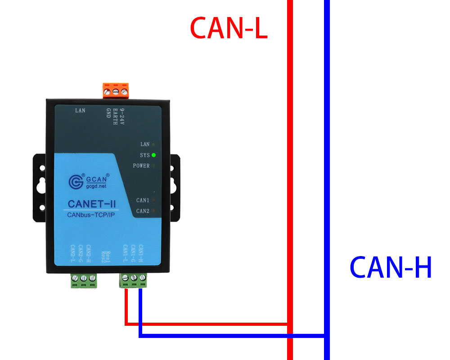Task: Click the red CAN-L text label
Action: [229, 28]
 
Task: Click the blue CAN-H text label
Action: [391, 268]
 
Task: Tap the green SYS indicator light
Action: [154, 155]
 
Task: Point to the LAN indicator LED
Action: [154, 144]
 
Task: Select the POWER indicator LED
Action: [154, 166]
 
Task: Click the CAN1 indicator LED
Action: [154, 200]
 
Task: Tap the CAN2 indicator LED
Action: [154, 211]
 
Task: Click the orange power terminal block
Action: [116, 90]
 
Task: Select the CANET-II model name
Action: [92, 203]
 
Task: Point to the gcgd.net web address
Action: [96, 185]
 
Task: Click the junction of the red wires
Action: [290, 324]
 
